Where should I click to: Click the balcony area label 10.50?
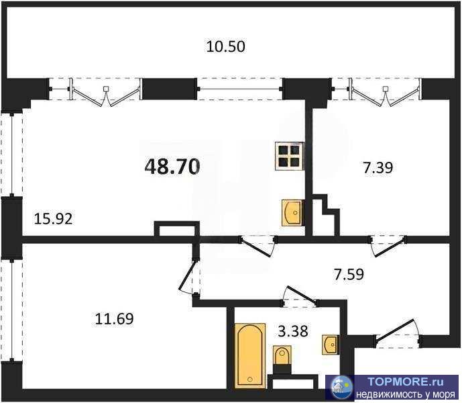225,46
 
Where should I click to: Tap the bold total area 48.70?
172,167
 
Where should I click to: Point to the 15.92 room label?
54,219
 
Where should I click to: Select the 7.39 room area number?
378,168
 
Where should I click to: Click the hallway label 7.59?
349,274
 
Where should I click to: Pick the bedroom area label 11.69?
114,319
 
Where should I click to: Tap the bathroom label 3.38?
293,331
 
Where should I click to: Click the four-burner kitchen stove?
289,156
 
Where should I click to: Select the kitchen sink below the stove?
292,213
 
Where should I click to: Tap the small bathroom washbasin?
331,345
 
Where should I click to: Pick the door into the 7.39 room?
388,246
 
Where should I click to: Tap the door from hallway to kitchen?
258,246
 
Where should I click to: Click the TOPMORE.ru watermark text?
405,382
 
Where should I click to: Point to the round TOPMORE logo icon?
342,387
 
